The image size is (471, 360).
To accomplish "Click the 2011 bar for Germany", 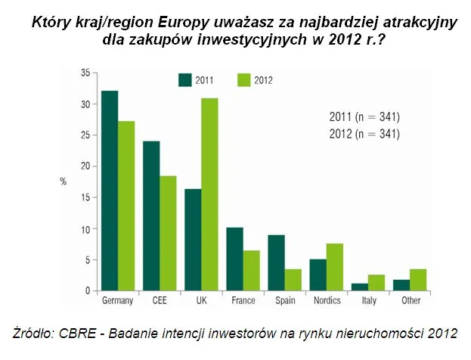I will tap(110, 191).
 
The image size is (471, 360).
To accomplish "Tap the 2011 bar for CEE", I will tap(152, 216).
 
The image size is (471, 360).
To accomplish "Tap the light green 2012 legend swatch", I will tap(243, 79).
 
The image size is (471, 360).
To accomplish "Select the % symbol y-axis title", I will tap(64, 182).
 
